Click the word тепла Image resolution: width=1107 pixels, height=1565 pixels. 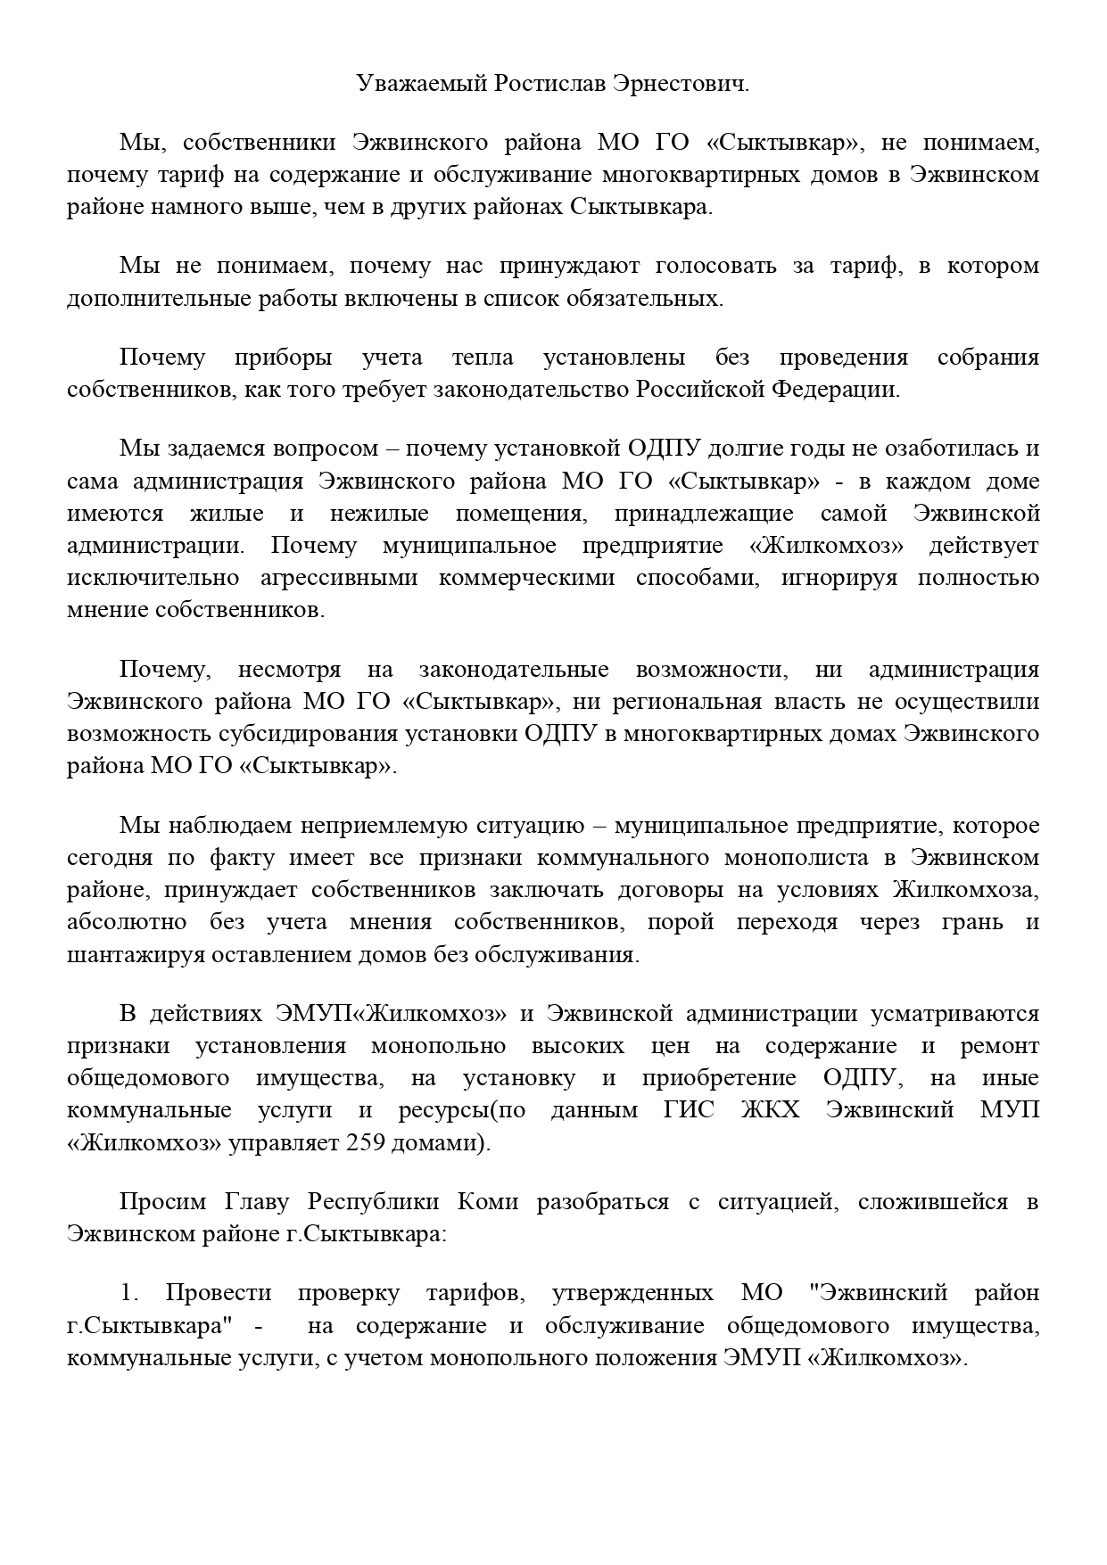[483, 358]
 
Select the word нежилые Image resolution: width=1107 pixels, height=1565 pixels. [379, 514]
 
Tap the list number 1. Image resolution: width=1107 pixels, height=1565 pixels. [128, 1293]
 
